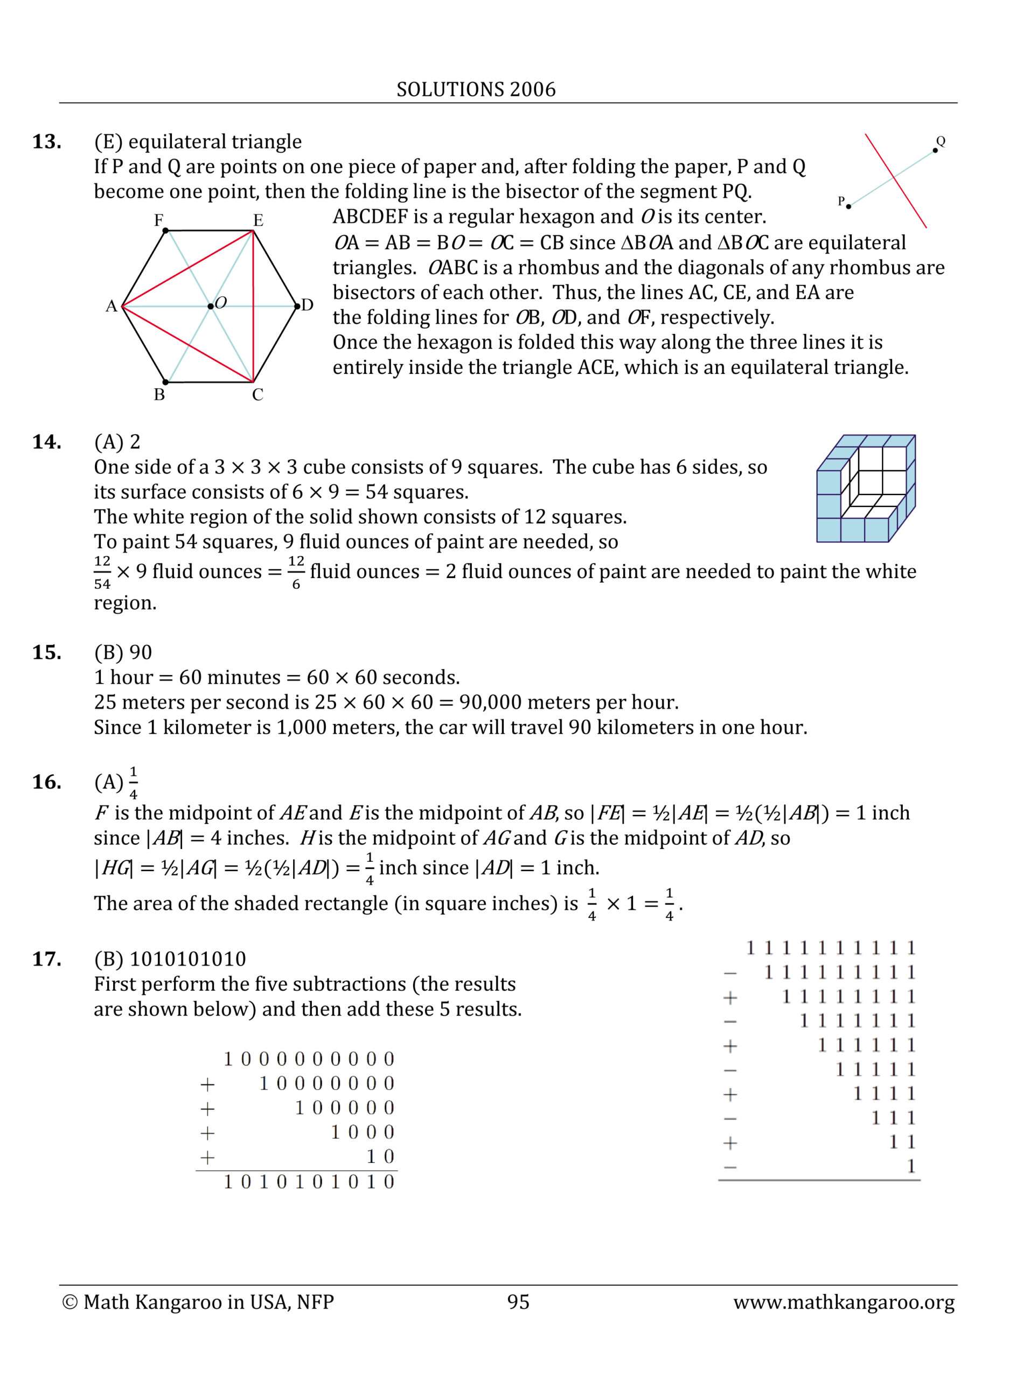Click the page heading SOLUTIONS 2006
[x=476, y=90]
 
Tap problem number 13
[x=47, y=142]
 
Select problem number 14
[x=47, y=442]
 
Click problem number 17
[x=47, y=959]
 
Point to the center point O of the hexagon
[x=211, y=306]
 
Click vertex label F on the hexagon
[x=159, y=220]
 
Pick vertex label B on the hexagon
[x=159, y=395]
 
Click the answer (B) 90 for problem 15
[x=123, y=652]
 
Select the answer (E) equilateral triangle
[x=198, y=142]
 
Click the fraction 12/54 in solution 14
[x=102, y=572]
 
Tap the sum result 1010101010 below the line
[x=309, y=1182]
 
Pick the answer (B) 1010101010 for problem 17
[x=170, y=959]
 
